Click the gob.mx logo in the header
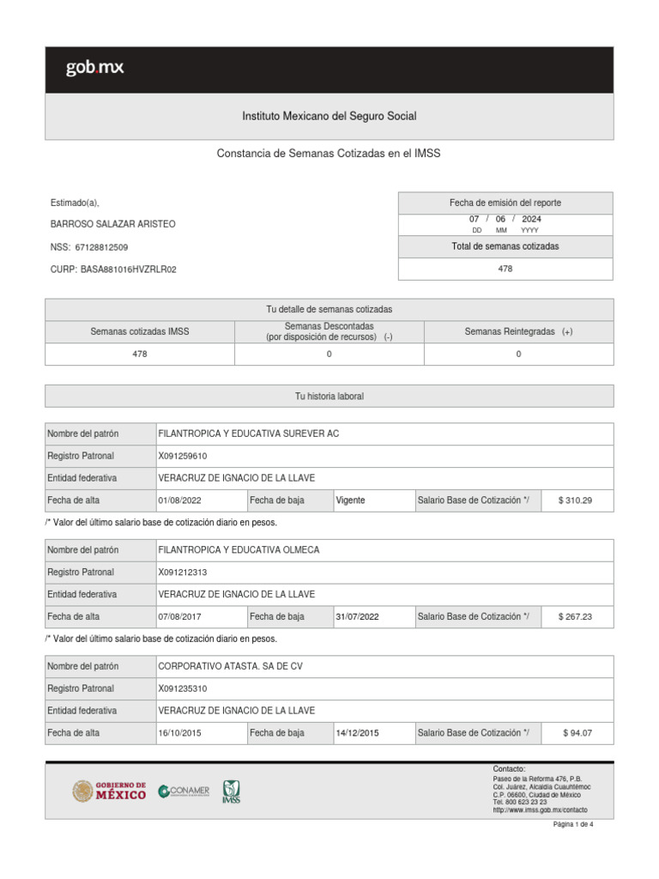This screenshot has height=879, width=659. [x=94, y=69]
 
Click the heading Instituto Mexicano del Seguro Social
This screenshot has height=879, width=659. [x=329, y=116]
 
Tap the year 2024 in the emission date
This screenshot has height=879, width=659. [x=531, y=219]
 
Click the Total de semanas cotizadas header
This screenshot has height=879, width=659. [x=505, y=246]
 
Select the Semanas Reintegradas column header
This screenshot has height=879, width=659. [x=518, y=331]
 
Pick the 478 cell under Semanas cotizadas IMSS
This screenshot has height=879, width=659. [x=139, y=354]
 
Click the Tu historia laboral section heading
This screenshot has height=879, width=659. [x=329, y=396]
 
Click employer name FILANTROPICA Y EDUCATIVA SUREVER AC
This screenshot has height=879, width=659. [x=249, y=433]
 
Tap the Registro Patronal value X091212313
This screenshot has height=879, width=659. [x=183, y=572]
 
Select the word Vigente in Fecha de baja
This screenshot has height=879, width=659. [x=350, y=500]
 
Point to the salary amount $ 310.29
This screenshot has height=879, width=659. [x=575, y=500]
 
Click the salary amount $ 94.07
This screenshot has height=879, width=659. [x=577, y=733]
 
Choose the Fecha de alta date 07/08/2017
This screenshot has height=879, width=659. [x=179, y=616]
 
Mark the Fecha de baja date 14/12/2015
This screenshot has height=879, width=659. [x=357, y=733]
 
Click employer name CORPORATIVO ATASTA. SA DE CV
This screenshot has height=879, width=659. [x=230, y=666]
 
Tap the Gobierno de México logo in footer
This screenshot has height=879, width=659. [x=109, y=791]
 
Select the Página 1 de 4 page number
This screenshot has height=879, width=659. [x=572, y=824]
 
